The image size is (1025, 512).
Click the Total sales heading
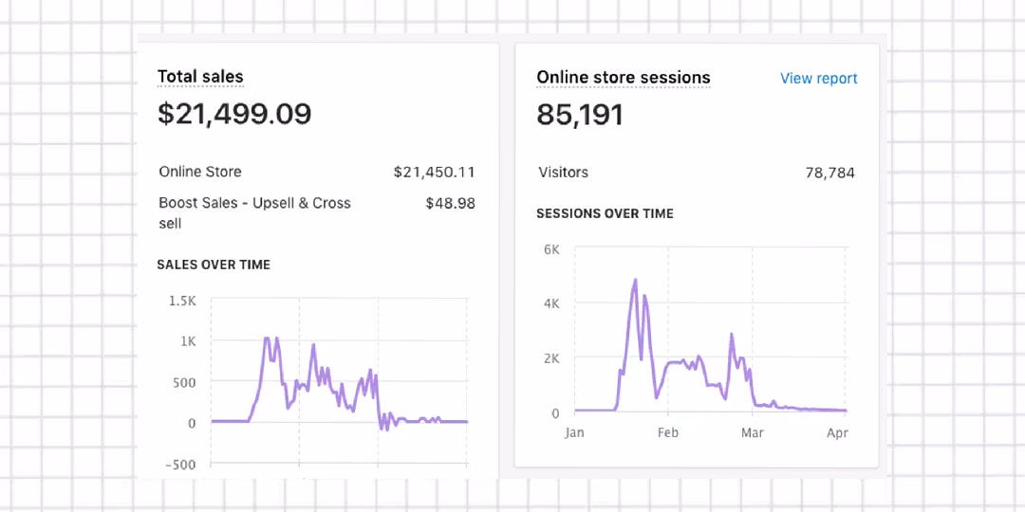click(200, 77)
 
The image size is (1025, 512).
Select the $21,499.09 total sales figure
click(234, 114)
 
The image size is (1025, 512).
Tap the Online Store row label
click(200, 172)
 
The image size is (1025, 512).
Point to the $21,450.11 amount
click(434, 172)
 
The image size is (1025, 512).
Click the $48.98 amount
click(451, 203)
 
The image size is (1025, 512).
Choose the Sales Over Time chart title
click(214, 265)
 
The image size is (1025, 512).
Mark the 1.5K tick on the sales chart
click(181, 301)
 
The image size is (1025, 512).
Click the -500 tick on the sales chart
click(178, 465)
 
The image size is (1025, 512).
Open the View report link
click(818, 79)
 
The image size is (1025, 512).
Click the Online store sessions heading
click(623, 78)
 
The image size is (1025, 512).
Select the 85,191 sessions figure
click(580, 115)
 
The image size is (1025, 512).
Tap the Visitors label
click(563, 173)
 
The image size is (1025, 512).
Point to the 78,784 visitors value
click(829, 173)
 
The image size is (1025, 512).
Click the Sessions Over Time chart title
click(605, 213)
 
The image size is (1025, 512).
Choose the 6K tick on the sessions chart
click(551, 249)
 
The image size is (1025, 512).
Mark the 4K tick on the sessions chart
click(551, 303)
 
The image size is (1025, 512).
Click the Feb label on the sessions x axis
click(667, 433)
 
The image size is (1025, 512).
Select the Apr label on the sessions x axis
click(836, 433)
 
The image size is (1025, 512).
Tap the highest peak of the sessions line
click(635, 281)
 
